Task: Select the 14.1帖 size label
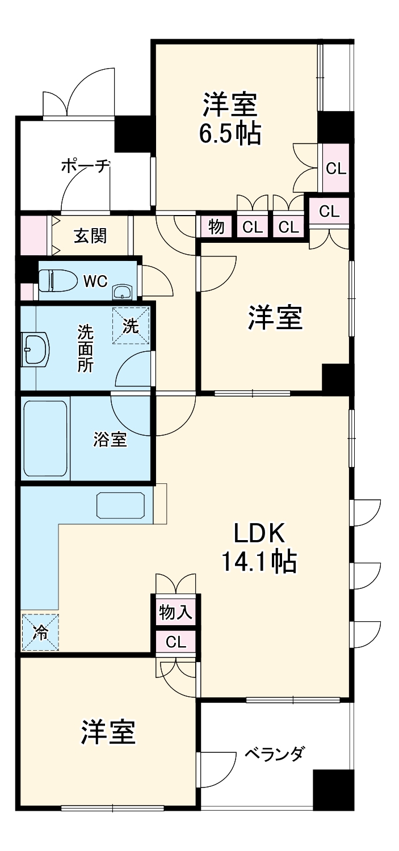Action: point(259,562)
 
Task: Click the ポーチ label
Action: point(86,166)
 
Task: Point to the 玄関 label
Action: point(90,236)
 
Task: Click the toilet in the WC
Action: point(57,280)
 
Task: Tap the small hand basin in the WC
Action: point(122,292)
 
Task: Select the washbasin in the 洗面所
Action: point(35,349)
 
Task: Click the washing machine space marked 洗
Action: point(131,326)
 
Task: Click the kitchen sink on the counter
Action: point(121,505)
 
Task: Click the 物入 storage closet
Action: point(175,612)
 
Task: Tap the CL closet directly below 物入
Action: point(176,642)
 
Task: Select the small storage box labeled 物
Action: point(216,227)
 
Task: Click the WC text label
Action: point(95,281)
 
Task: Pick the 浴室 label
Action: point(110,440)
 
